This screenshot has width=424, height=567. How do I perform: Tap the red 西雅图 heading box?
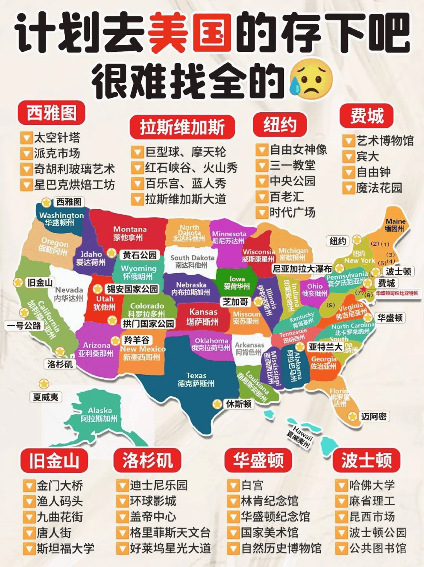point(51,113)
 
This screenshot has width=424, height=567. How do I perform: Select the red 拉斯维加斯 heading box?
point(182,127)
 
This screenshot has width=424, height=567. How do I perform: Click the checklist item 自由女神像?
point(298,150)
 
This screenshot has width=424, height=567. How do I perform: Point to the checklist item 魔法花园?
point(379,188)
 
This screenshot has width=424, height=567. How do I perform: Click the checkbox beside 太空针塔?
point(26,138)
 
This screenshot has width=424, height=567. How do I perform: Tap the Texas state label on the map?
point(196,379)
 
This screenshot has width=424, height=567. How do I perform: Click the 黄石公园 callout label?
point(139,255)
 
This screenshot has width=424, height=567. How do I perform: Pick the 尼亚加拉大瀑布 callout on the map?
point(302,269)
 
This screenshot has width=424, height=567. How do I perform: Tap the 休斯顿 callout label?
point(238,404)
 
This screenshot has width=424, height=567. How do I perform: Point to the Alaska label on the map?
point(99,415)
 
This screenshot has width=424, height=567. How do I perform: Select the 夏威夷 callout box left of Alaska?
point(46,397)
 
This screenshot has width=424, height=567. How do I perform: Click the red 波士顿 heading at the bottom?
point(366,461)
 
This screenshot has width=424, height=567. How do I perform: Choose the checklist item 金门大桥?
point(60,486)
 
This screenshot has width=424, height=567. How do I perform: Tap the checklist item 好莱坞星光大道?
point(170,548)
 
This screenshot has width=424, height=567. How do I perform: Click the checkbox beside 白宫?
point(233,486)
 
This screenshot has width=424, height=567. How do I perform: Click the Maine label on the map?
point(395,225)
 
